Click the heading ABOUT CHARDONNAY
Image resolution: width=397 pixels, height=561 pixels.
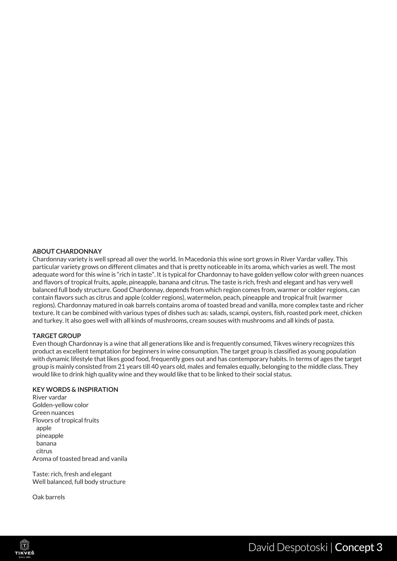click(x=67, y=251)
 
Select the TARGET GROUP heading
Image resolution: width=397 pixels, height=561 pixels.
click(x=57, y=336)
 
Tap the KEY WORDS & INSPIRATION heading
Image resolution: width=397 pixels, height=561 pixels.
click(x=75, y=390)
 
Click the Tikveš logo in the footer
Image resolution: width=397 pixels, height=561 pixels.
click(x=25, y=548)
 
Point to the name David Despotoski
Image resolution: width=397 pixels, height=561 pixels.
click(x=288, y=547)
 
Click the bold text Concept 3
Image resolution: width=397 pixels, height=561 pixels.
click(x=359, y=547)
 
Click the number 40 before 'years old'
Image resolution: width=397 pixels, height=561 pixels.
click(x=155, y=367)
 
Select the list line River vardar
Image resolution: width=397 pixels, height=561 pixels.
click(x=50, y=397)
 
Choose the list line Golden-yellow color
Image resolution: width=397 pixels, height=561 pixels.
click(x=61, y=405)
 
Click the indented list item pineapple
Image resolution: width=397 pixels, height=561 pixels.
click(x=50, y=436)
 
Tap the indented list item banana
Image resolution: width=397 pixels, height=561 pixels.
click(x=46, y=443)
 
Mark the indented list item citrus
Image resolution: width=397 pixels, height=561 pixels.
click(x=44, y=451)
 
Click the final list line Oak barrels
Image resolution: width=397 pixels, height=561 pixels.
click(x=49, y=497)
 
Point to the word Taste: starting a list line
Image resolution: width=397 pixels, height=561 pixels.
click(x=41, y=474)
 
